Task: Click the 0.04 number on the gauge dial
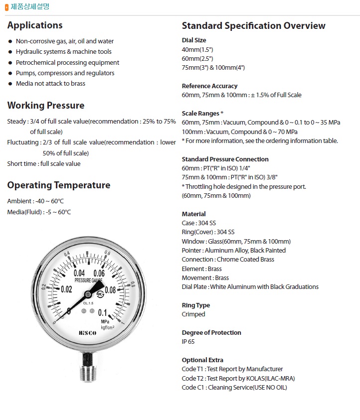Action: click(79, 273)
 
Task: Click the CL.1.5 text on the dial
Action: click(89, 303)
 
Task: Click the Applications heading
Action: click(35, 25)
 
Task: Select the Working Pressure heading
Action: click(46, 106)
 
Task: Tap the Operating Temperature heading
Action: click(59, 185)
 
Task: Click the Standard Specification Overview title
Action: click(253, 26)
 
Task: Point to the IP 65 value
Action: click(189, 342)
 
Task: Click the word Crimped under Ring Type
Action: click(193, 314)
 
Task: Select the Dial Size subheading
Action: click(194, 40)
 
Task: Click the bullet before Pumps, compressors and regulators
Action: click(10, 73)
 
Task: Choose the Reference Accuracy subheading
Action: click(209, 86)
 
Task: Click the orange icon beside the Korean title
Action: click(6, 7)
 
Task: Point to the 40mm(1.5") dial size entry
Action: click(197, 49)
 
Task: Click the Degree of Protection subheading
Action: click(211, 332)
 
